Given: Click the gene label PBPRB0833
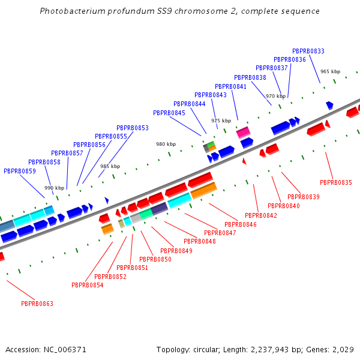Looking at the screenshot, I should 308,52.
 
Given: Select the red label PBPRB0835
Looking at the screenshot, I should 336,182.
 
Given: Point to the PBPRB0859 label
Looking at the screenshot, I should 20,171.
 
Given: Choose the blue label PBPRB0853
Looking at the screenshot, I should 133,128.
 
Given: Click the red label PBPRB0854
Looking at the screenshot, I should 87,285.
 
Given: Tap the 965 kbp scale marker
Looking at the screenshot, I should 330,71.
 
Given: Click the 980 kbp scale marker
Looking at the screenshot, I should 166,144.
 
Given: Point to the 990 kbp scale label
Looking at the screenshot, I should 54,188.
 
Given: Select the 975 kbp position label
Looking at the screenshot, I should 221,121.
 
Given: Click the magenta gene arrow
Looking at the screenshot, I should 243,132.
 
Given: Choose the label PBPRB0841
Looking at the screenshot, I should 231,86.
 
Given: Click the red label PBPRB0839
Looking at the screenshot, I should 304,197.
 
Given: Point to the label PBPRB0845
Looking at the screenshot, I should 169,113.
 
